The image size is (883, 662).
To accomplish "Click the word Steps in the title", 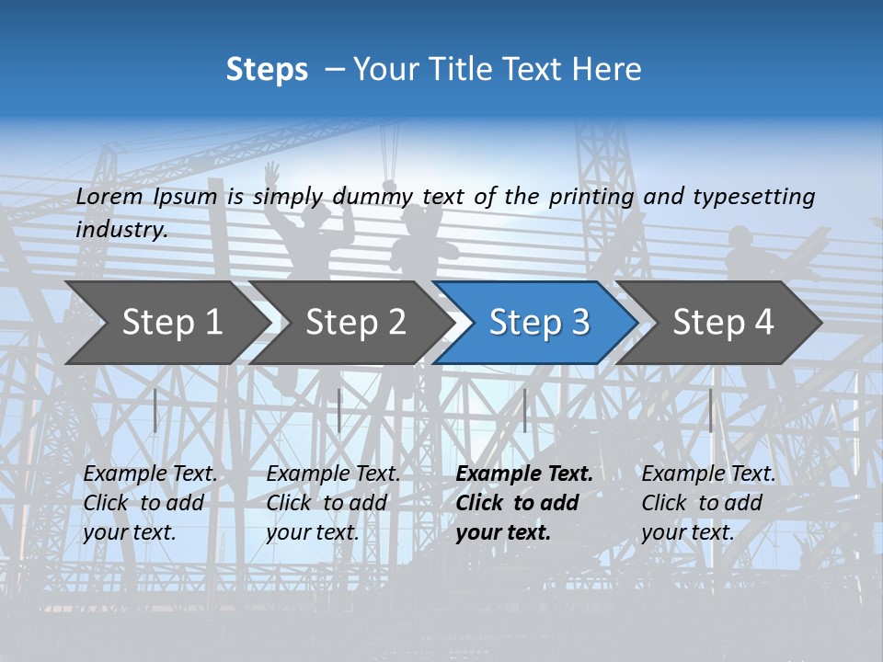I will [x=267, y=70].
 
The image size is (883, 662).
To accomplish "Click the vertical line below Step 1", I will [x=155, y=410].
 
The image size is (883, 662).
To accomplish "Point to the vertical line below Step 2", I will [x=339, y=410].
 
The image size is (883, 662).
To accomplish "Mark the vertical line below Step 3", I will [x=524, y=410].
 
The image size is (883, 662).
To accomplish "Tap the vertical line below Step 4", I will [x=710, y=410].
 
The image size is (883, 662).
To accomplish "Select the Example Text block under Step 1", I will [x=151, y=503].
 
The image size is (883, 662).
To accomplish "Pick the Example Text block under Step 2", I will [x=333, y=503].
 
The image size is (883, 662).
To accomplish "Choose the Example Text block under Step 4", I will [x=708, y=503].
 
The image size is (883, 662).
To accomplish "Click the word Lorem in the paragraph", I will [x=109, y=196].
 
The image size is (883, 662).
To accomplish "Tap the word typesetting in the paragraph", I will [x=753, y=196].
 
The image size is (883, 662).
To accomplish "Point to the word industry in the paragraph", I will [x=120, y=230].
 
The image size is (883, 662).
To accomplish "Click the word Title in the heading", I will [x=457, y=70].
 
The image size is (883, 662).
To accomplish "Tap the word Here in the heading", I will [x=605, y=70].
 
